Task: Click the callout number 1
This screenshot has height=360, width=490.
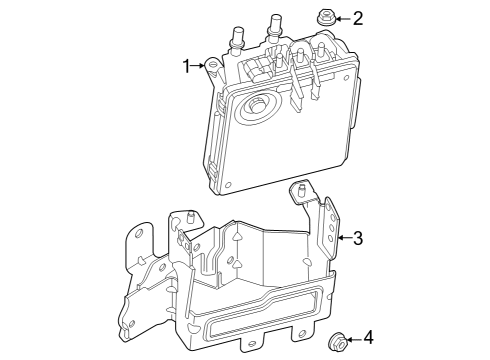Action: pyautogui.click(x=186, y=66)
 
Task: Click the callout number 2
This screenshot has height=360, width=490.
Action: pyautogui.click(x=358, y=18)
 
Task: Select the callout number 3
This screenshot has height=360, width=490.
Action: pyautogui.click(x=358, y=238)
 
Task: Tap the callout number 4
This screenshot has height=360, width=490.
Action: pyautogui.click(x=368, y=338)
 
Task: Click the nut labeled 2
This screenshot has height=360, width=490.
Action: pyautogui.click(x=326, y=17)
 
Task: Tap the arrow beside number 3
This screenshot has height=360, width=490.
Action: pyautogui.click(x=344, y=238)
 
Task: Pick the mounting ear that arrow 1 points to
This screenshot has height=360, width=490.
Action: pyautogui.click(x=213, y=67)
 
